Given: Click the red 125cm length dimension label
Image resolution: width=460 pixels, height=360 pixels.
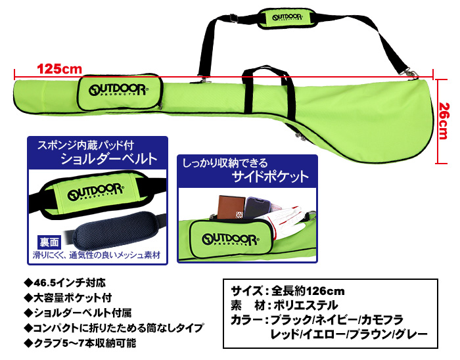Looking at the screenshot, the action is (60, 69).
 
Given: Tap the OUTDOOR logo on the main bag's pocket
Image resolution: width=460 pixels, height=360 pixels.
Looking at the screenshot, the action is (118, 90).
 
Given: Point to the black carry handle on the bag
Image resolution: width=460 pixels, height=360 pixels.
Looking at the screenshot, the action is (268, 88).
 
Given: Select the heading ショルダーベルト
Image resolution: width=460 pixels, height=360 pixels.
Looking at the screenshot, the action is (108, 159).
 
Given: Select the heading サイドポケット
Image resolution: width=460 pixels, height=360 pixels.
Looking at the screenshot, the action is (271, 177).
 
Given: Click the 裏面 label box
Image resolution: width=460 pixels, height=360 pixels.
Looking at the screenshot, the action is (49, 242).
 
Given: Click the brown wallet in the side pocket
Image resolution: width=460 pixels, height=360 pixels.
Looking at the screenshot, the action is (231, 207).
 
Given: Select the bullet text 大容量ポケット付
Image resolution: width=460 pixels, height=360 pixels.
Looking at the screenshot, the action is (73, 298).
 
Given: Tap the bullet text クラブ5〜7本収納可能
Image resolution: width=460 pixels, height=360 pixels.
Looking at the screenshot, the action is (85, 343).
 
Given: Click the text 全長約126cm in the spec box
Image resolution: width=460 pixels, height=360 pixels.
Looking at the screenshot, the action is (308, 291).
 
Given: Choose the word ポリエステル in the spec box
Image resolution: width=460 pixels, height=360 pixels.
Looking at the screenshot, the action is (306, 305).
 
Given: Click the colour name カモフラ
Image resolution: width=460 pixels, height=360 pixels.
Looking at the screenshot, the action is (382, 320).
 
